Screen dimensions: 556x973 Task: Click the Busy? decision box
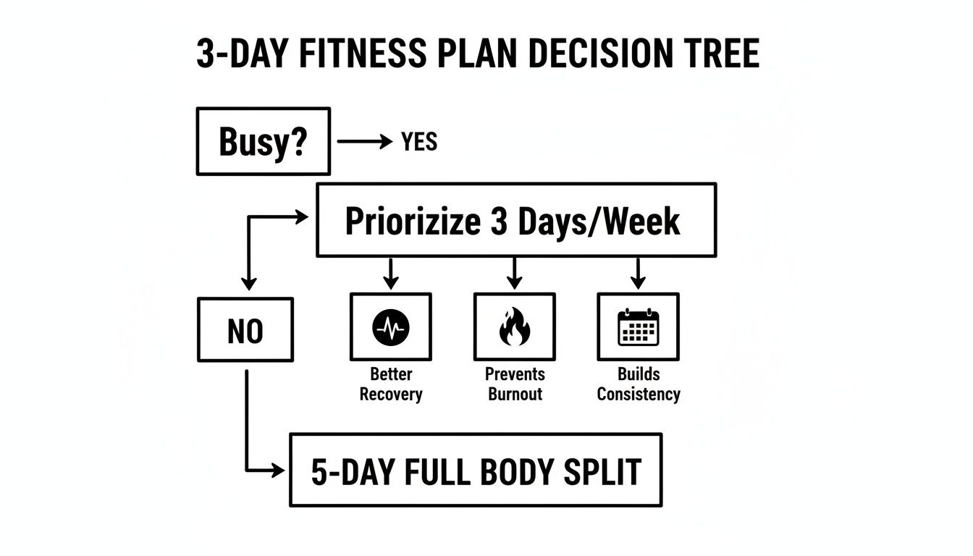(x=263, y=142)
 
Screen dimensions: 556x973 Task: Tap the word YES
(x=419, y=142)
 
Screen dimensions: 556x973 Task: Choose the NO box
(x=245, y=330)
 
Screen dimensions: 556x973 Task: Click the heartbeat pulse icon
(x=391, y=327)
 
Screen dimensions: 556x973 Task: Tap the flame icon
(x=515, y=327)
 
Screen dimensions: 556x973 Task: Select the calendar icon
(x=638, y=327)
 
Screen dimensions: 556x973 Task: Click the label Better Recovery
(x=391, y=384)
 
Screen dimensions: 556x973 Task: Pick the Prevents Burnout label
(x=515, y=384)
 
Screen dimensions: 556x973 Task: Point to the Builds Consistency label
(x=639, y=384)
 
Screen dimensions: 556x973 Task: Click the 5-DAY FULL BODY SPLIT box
(x=476, y=471)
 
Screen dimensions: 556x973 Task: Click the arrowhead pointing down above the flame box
(x=514, y=283)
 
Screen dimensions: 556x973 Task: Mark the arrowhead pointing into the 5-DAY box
(x=278, y=471)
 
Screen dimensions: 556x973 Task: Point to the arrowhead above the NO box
(x=248, y=285)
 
